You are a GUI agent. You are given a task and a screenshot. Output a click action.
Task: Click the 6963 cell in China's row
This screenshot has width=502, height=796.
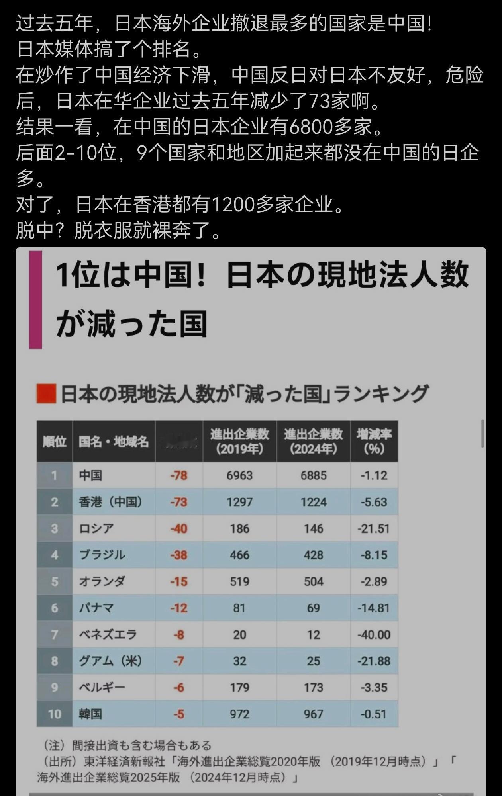tap(239, 475)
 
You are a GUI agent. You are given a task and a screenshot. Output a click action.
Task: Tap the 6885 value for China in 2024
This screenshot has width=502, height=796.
tap(314, 475)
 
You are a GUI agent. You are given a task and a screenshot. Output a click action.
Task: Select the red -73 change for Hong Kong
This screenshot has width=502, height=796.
tap(178, 502)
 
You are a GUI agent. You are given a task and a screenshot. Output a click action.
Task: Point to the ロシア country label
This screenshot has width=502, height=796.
tap(96, 528)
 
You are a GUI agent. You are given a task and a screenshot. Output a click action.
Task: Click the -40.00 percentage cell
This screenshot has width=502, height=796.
tap(374, 634)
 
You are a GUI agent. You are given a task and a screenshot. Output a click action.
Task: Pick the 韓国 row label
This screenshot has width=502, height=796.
tap(90, 714)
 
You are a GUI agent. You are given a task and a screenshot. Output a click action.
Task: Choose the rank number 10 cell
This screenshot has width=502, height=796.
tap(55, 714)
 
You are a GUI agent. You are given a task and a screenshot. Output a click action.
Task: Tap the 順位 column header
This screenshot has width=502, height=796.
tap(55, 441)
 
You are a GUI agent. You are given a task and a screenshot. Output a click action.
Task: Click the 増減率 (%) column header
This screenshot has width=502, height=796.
tap(374, 441)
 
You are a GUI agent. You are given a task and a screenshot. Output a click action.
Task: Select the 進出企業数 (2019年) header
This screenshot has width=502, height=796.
tap(239, 441)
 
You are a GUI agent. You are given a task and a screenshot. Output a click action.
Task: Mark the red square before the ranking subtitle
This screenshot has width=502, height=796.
tap(46, 394)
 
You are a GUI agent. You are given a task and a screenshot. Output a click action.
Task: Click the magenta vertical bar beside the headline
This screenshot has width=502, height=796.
tap(35, 299)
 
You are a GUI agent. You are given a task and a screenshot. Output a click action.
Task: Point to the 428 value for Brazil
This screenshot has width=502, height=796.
tap(314, 555)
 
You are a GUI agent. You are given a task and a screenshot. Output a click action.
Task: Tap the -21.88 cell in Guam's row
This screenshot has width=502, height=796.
tap(374, 661)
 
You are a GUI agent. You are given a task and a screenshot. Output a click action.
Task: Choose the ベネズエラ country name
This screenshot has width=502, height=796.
tap(108, 634)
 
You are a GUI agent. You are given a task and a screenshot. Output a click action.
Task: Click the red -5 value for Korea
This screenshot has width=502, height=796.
tap(178, 714)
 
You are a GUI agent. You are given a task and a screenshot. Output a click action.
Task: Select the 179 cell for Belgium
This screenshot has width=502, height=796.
tap(239, 688)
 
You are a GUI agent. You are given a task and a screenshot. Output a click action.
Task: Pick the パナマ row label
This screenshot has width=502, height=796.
tap(96, 608)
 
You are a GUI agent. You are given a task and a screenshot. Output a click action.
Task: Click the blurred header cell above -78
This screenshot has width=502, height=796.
tap(179, 441)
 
